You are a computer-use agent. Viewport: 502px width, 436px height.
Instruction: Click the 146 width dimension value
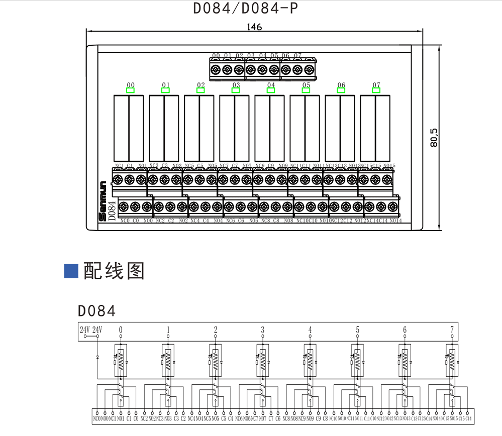[254, 27]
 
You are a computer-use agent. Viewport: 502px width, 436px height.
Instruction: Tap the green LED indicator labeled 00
[131, 90]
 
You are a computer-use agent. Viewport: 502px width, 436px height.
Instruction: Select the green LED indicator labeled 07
[376, 90]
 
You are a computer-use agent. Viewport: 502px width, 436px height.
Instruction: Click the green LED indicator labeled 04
[271, 90]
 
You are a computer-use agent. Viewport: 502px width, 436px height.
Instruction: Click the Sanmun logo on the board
[103, 200]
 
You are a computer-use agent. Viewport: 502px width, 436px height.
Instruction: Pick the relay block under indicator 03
[234, 128]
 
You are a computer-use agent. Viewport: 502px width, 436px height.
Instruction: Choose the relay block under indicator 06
[340, 128]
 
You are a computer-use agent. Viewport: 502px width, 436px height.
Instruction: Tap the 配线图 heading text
[114, 271]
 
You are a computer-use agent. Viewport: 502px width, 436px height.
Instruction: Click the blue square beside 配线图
[71, 270]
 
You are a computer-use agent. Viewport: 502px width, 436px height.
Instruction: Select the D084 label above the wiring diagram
[97, 310]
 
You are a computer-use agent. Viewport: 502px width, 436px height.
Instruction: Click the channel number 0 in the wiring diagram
[121, 330]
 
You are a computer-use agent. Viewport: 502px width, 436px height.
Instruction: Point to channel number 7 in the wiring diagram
[452, 330]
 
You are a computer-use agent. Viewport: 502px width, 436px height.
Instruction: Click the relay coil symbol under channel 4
[310, 360]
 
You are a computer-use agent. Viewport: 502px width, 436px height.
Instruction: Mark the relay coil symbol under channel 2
[216, 360]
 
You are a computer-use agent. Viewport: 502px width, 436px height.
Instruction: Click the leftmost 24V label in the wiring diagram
[84, 330]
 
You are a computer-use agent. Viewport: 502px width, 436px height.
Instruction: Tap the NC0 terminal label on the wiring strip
[96, 418]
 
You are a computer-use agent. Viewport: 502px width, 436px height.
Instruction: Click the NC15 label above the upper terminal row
[365, 166]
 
